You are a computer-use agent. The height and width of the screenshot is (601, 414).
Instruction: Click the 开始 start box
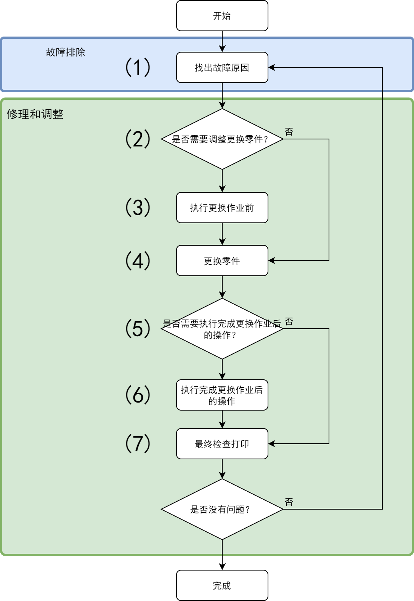[222, 16]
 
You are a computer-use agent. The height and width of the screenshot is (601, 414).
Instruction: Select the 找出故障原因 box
[222, 67]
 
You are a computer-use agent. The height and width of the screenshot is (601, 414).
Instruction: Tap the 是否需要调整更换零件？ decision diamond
[222, 139]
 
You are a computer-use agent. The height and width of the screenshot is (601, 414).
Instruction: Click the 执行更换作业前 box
[222, 208]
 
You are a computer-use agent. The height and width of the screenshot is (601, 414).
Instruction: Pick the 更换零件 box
[222, 260]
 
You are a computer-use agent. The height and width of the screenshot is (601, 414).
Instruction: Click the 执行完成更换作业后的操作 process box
[222, 395]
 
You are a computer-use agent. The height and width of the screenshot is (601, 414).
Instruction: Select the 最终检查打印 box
[222, 443]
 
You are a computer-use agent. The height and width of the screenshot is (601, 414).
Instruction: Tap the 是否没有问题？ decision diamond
[222, 509]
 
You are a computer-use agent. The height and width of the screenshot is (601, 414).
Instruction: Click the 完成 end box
[222, 585]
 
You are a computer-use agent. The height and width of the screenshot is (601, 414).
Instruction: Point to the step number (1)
[138, 67]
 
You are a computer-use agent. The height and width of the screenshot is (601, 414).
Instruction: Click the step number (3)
[138, 207]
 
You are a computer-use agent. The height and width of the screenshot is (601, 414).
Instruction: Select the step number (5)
[138, 328]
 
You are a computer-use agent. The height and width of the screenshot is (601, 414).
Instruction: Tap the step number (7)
[138, 443]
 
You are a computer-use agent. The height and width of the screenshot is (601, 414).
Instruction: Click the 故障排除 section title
[66, 52]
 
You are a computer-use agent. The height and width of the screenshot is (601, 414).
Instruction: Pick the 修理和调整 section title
[35, 114]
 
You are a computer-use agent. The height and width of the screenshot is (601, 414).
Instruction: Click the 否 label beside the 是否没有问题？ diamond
[289, 502]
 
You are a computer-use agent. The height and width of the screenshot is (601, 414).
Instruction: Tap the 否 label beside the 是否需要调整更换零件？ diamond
[289, 132]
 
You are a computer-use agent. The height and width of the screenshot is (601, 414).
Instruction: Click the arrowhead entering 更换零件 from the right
[271, 260]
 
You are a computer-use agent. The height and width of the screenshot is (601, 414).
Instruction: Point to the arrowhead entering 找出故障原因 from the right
[271, 67]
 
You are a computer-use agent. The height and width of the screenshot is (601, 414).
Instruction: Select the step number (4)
[138, 260]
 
